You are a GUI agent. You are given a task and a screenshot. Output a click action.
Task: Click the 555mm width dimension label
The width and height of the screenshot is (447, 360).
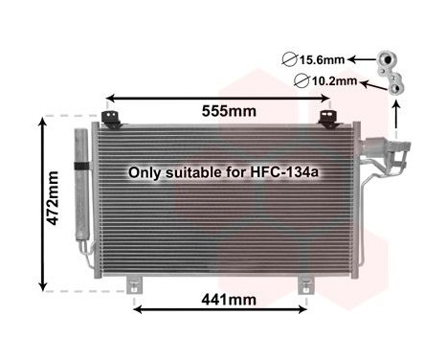click(x=230, y=112)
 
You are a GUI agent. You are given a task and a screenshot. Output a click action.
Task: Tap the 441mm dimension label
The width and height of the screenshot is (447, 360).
click(x=230, y=299)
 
